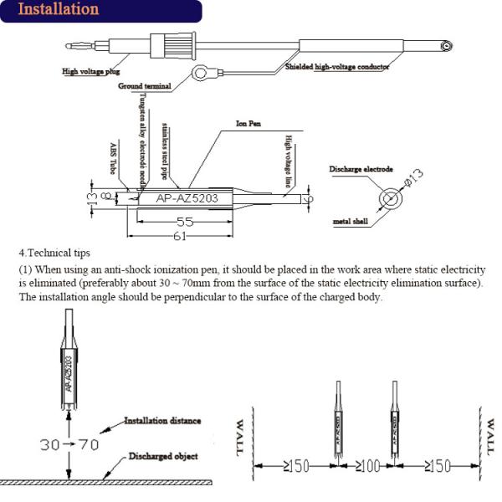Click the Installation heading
point(58,10)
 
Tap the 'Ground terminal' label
point(145,85)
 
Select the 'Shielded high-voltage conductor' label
point(337,66)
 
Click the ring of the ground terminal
point(202,74)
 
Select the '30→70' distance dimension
point(54,444)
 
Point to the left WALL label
point(242,434)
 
